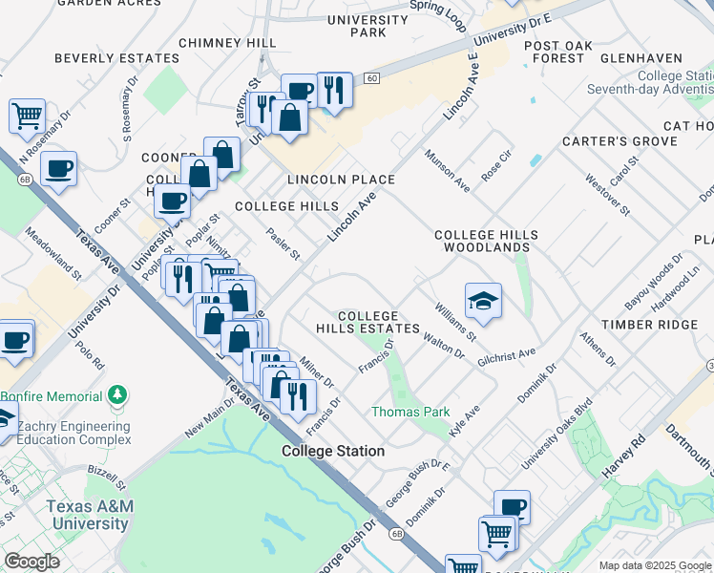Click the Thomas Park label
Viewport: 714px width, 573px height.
click(x=409, y=413)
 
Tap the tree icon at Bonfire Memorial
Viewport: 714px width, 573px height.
click(x=117, y=394)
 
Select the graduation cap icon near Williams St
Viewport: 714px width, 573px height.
click(x=484, y=301)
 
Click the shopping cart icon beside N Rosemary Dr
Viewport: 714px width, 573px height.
click(x=27, y=116)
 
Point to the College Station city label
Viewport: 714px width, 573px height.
click(x=333, y=451)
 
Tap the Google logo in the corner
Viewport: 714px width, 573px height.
click(x=31, y=562)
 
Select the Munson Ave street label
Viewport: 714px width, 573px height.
click(x=447, y=170)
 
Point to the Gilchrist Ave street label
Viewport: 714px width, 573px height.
click(x=507, y=355)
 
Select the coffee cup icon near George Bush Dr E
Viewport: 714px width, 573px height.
click(x=512, y=507)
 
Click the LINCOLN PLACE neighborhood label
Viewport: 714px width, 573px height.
click(x=341, y=180)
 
